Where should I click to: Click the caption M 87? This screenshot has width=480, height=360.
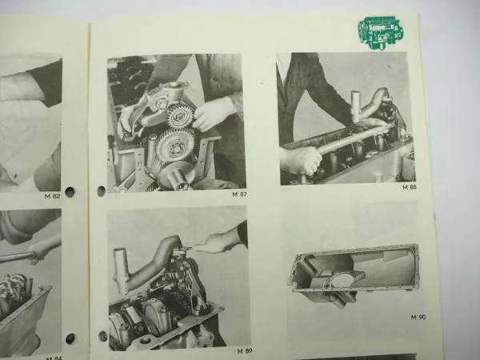coord(239,194)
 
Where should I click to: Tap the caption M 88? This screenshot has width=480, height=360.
coord(409,188)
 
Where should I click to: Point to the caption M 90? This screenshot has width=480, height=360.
coord(417,317)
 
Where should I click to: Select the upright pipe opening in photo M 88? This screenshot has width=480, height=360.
coord(356,98)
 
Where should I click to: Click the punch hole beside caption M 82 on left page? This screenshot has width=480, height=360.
coord(70,192)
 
